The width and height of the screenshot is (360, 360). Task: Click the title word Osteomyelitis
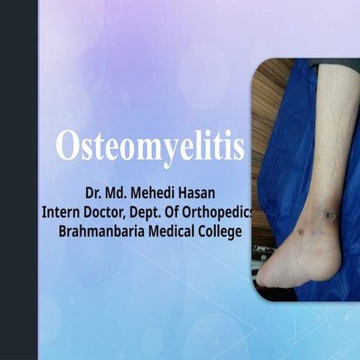click(150, 147)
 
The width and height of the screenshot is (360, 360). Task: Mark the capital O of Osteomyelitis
click(67, 147)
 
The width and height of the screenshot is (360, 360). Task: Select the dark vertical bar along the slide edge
click(19, 180)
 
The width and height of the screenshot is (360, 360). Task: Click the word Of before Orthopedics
click(182, 213)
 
